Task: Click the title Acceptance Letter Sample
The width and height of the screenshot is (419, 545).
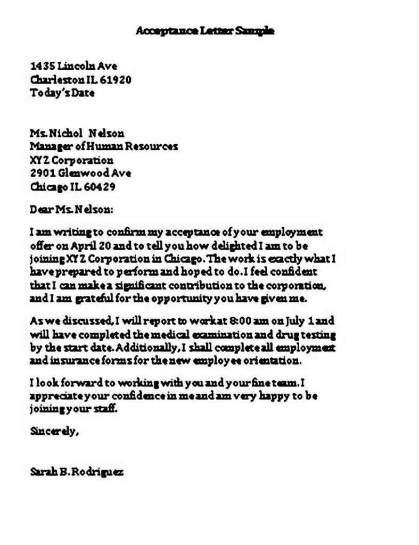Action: click(x=205, y=31)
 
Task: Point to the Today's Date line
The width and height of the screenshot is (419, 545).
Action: click(x=62, y=93)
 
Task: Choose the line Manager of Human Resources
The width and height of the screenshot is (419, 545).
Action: click(x=104, y=147)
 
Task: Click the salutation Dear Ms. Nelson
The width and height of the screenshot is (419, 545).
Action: click(x=71, y=210)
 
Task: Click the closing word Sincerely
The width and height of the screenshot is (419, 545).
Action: click(x=54, y=432)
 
